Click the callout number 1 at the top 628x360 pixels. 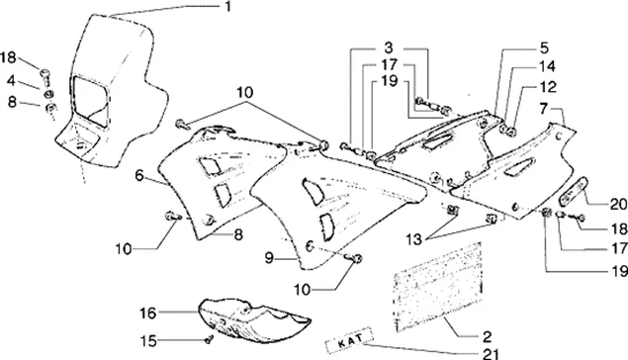coord(227,6)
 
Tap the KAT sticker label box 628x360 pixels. coord(350,340)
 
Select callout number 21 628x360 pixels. coord(491,353)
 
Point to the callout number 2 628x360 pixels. coord(487,336)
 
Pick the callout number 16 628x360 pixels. coord(147,313)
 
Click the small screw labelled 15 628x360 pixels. coord(209,339)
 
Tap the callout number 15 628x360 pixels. coord(147,341)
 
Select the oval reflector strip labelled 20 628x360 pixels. coord(574,190)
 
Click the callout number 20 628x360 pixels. coord(619,204)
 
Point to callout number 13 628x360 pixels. coord(413,239)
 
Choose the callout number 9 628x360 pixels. coord(269,258)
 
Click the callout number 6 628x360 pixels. coord(139,175)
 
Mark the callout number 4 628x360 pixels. coord(11,80)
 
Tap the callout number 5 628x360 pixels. coord(544,47)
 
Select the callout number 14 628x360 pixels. coord(547,66)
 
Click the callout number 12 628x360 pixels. coord(548,86)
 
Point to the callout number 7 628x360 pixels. coord(543,109)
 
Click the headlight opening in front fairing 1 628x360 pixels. coord(91,102)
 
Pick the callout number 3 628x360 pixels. coord(388,47)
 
